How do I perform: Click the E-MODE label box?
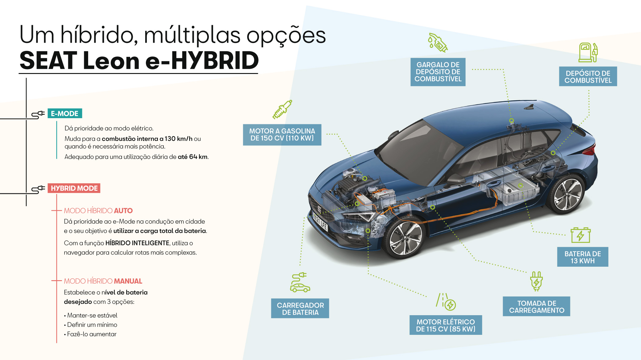point(64,114)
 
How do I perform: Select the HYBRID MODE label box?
point(74,188)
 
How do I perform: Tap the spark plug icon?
point(282,109)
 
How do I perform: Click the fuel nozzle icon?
point(438,43)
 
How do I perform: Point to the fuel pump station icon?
point(588,52)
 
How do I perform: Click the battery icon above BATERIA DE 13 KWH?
point(580,235)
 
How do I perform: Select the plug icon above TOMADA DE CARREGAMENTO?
point(536,281)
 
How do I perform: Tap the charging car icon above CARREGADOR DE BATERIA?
point(300,283)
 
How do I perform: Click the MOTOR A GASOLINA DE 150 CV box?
point(282,135)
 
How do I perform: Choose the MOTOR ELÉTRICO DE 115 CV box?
point(445,325)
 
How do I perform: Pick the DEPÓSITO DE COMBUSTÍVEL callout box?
point(588,77)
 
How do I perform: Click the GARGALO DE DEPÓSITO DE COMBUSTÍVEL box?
point(438,72)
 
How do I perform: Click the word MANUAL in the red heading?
point(128,281)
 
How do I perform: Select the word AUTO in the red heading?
point(123,211)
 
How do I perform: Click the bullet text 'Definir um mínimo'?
point(92,325)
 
